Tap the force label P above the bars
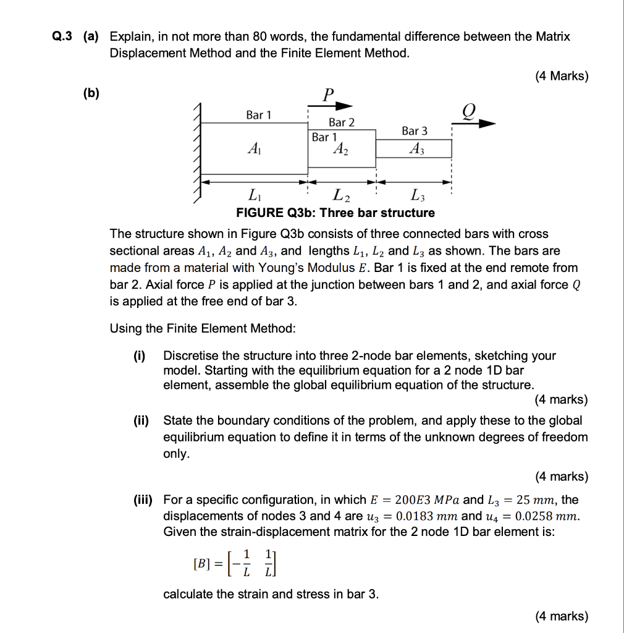click(x=328, y=94)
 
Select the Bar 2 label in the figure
click(x=342, y=122)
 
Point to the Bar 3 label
click(x=414, y=131)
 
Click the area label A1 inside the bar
click(x=253, y=148)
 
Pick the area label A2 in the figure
click(x=340, y=148)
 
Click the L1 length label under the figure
click(x=253, y=197)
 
